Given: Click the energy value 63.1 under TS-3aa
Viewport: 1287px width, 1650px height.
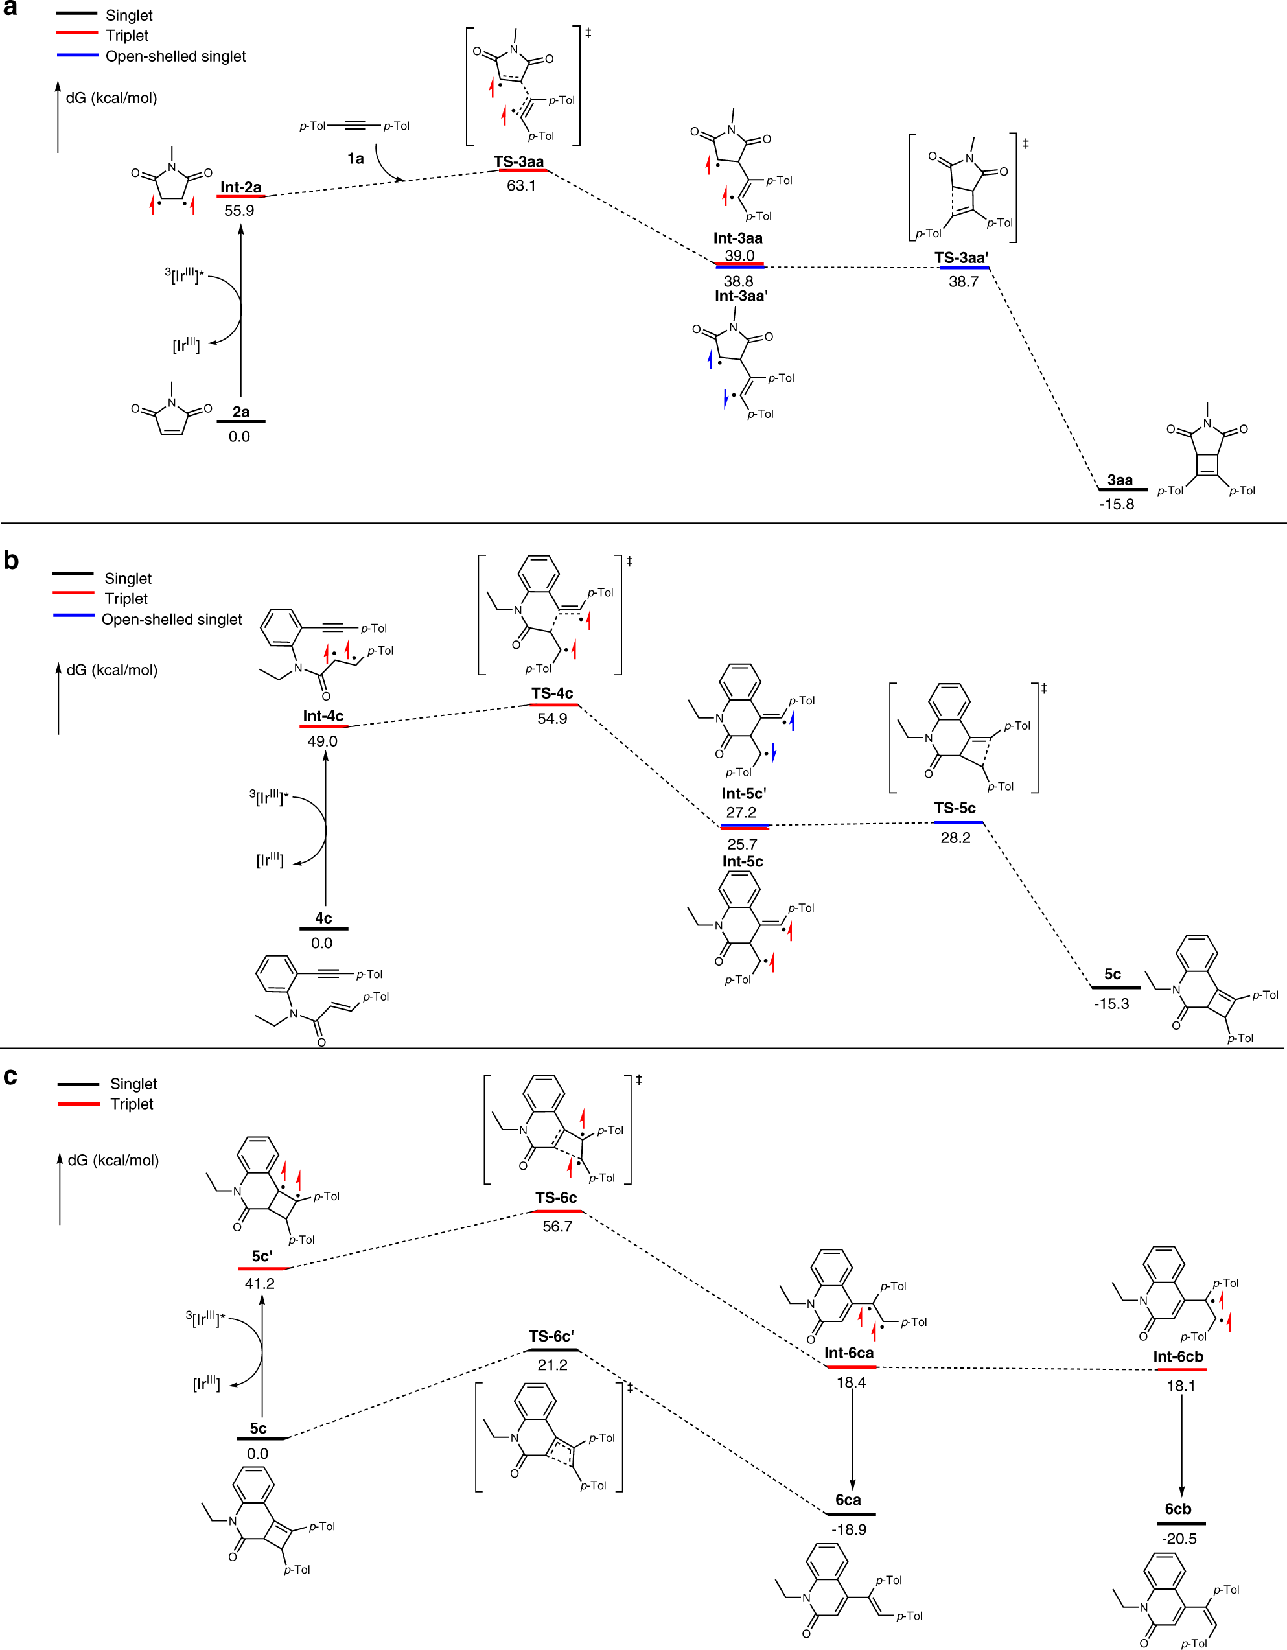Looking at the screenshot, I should [x=521, y=186].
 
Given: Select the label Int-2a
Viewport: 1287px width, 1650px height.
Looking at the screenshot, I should [x=241, y=187].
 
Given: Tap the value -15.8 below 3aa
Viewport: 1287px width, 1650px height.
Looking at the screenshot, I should [x=1117, y=505].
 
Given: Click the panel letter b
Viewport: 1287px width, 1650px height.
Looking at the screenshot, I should [x=11, y=560].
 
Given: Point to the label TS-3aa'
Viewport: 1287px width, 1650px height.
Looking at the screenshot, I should [x=962, y=258].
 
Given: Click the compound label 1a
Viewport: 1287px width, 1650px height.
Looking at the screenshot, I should [x=355, y=159].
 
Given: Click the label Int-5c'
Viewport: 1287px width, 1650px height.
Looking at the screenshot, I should [x=743, y=793].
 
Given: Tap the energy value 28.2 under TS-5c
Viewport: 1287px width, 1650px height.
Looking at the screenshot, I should [x=955, y=837].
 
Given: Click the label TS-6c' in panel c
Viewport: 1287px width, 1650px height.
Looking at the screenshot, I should [x=551, y=1336].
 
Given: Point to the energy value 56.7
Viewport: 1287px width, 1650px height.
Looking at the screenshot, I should [x=557, y=1226].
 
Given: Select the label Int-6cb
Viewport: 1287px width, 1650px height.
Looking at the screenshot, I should [x=1177, y=1357].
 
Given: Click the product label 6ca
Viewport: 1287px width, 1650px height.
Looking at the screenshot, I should [x=848, y=1500].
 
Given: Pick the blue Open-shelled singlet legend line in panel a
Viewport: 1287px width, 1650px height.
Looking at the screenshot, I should [x=78, y=55].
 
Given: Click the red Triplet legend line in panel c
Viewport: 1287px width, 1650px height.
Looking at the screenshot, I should [x=78, y=1104].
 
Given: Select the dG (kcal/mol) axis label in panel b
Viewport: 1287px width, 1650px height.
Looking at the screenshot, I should [x=111, y=670].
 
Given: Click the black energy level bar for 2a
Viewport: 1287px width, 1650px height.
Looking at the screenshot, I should [x=241, y=421].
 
